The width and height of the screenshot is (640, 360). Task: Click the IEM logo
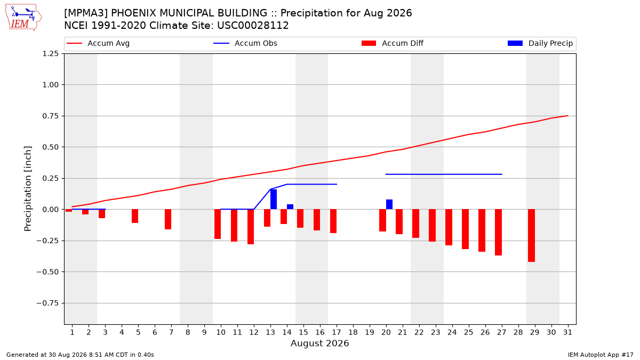[23, 18]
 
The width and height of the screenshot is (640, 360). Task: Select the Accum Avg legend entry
[98, 43]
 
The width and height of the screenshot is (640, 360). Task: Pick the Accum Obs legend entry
[245, 43]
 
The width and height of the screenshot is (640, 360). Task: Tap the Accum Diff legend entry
[393, 43]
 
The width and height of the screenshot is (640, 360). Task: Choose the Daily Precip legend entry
[540, 43]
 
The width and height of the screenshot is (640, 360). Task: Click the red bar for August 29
[531, 235]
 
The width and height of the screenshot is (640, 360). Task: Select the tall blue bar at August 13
[274, 199]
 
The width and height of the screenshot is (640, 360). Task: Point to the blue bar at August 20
[389, 204]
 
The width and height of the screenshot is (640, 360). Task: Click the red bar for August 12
[251, 227]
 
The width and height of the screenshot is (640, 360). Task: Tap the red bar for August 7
[168, 219]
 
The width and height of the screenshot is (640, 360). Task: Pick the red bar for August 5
[135, 216]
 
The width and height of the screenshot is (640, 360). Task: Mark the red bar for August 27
[498, 233]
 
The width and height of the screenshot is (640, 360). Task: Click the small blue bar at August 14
[290, 207]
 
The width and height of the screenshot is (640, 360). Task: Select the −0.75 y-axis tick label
[47, 303]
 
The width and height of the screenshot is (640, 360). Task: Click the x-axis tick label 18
[353, 332]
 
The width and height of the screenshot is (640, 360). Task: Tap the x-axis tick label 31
[567, 332]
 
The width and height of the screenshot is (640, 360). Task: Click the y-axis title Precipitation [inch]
[28, 189]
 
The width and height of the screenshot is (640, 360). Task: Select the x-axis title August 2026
[319, 343]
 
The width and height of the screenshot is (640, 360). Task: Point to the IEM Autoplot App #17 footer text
[601, 355]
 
